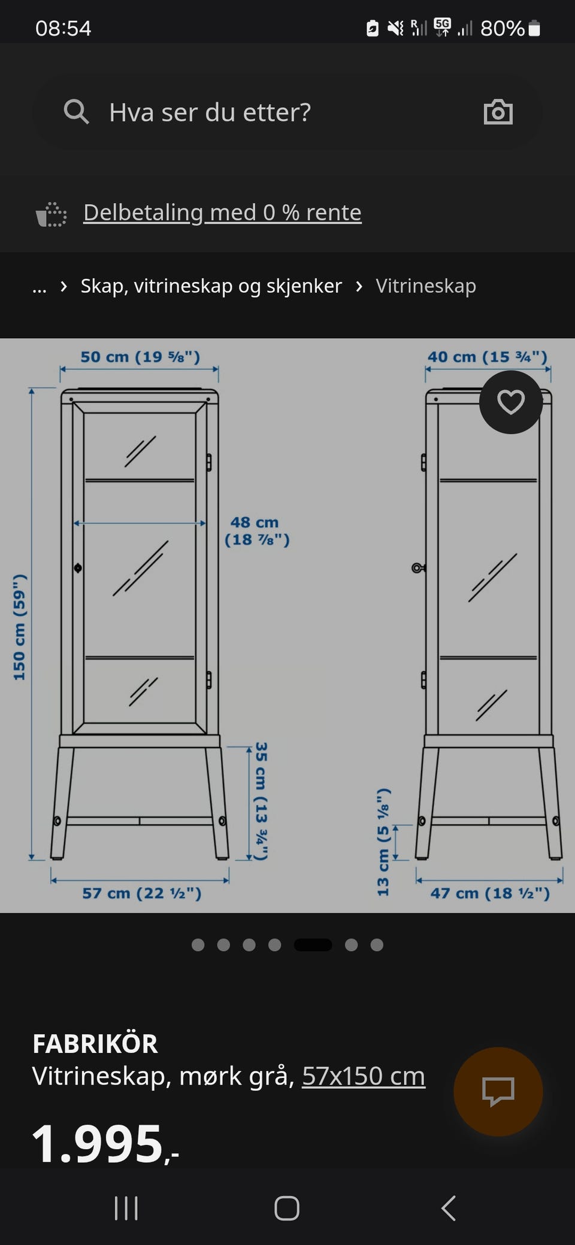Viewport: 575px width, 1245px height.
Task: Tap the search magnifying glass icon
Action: pos(76,112)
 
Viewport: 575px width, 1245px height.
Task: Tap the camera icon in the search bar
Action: pos(498,112)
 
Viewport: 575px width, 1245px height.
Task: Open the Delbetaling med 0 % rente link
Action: pos(222,212)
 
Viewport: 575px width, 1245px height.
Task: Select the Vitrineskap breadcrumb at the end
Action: pos(426,286)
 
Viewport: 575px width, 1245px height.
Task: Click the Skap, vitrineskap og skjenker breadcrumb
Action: pos(211,286)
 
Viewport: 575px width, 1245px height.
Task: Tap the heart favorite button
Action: pos(511,402)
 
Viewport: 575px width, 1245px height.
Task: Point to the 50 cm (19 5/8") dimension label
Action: pos(140,357)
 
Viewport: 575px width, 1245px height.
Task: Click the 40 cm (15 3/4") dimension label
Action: pos(488,357)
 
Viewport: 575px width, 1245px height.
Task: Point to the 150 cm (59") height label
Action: pos(20,627)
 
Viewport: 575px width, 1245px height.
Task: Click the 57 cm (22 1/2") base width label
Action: pos(142,893)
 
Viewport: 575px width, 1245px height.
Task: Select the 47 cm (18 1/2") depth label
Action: pos(490,893)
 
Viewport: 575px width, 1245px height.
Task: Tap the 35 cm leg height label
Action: pos(261,801)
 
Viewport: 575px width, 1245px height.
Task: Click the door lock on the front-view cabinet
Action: pos(78,567)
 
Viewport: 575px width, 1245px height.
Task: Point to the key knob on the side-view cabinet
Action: pos(418,567)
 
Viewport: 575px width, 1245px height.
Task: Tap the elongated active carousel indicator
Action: pos(313,945)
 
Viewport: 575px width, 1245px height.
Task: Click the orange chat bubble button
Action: pos(498,1092)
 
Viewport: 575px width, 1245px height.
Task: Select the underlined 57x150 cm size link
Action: pos(364,1076)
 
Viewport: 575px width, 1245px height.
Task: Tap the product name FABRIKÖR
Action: pos(95,1044)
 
